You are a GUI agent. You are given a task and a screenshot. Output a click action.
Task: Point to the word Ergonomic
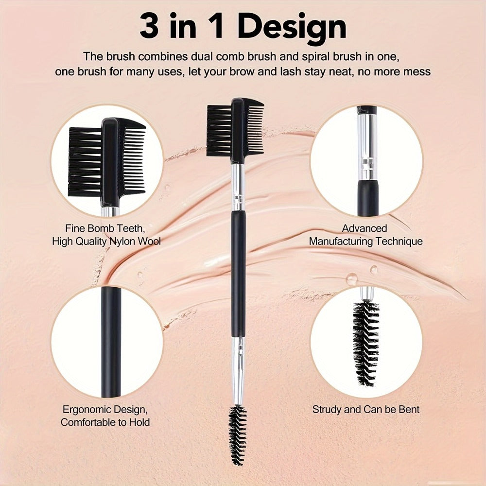tap(85, 409)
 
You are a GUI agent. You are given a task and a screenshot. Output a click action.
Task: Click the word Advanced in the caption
tap(364, 228)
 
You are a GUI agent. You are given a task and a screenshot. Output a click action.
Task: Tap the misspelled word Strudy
tap(327, 409)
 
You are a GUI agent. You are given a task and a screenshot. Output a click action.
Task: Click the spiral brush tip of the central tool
tap(238, 428)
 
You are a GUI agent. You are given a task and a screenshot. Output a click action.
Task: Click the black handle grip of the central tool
tap(238, 272)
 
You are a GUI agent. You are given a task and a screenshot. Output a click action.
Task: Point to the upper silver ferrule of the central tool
tap(237, 187)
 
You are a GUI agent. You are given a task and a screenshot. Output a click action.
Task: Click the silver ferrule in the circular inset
tap(366, 146)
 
